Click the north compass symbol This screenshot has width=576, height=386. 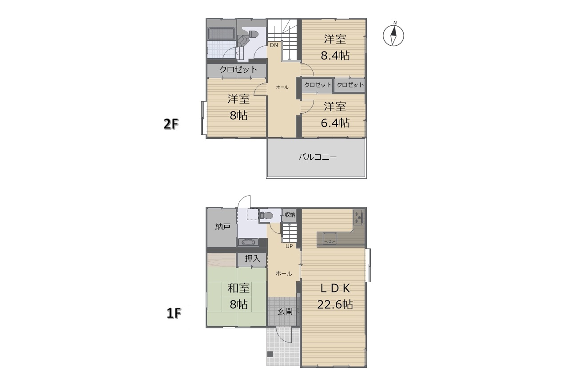[x=393, y=35]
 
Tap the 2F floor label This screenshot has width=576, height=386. [x=171, y=124]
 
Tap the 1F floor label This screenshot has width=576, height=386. [x=174, y=313]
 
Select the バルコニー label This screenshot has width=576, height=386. [x=318, y=157]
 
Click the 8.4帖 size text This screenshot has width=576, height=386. [x=335, y=55]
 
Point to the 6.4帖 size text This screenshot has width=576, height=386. [x=335, y=123]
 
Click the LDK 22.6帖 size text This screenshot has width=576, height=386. [x=335, y=305]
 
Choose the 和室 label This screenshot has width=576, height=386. [x=238, y=288]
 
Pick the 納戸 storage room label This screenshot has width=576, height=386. [x=222, y=227]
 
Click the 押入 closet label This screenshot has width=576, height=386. [x=252, y=258]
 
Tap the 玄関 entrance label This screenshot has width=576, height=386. [x=285, y=311]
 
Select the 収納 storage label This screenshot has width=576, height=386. [x=290, y=215]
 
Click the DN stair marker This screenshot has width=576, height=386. [x=274, y=45]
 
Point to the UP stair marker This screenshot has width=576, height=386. [x=289, y=246]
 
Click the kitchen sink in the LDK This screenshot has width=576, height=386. [x=330, y=238]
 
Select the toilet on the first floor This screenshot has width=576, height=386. [x=266, y=216]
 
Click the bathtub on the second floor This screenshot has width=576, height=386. [x=221, y=34]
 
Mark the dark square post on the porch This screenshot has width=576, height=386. [x=270, y=354]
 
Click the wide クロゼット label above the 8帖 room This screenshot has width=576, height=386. [x=238, y=69]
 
